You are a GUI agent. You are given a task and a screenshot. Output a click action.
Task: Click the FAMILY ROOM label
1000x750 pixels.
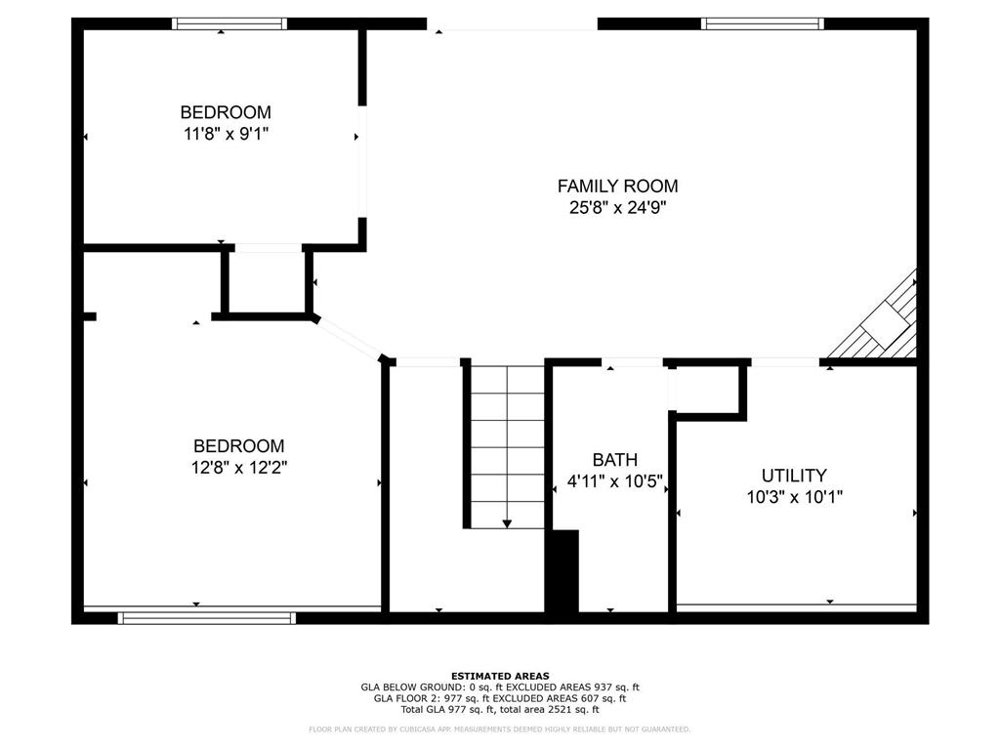pos(617,187)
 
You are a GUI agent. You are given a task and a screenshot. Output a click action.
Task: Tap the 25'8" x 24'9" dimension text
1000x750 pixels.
pos(617,208)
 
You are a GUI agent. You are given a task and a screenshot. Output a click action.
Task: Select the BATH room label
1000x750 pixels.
pos(615,460)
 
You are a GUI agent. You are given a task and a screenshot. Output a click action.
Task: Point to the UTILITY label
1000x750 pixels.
pos(794,476)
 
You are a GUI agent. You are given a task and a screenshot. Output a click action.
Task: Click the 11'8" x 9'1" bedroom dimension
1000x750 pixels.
pos(226,134)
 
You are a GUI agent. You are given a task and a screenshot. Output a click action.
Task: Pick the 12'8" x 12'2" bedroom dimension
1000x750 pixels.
pos(239,468)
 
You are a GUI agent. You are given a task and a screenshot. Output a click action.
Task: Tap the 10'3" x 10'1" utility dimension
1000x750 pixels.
pos(795,497)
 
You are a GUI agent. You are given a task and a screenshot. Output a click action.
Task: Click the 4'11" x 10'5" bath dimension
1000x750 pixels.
pos(615,481)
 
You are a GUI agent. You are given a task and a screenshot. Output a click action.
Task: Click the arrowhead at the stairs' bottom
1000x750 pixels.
pos(507,524)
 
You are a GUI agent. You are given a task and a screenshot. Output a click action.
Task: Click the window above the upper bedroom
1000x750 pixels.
pos(229,23)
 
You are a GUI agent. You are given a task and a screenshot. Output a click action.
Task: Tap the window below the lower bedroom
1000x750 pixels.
pos(207,618)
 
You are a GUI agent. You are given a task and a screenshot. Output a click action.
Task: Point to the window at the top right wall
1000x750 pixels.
pos(763,23)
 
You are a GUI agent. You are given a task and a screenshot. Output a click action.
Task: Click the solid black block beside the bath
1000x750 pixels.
pos(562,571)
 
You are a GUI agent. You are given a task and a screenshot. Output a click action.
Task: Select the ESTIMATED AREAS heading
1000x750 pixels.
pos(500,676)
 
